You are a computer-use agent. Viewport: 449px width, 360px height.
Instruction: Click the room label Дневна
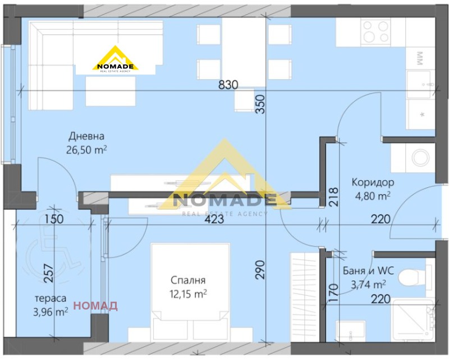pos(87,136)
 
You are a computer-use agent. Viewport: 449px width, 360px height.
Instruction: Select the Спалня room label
pos(189,280)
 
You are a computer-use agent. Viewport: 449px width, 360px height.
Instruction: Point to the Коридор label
pos(373,182)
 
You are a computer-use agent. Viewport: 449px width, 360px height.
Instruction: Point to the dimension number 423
pos(214,220)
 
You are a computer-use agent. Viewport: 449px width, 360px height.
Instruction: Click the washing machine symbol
pos(420,158)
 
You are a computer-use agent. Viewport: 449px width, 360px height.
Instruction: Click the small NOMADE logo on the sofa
pos(115,60)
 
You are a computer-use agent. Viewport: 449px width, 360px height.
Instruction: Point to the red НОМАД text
pos(95,306)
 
